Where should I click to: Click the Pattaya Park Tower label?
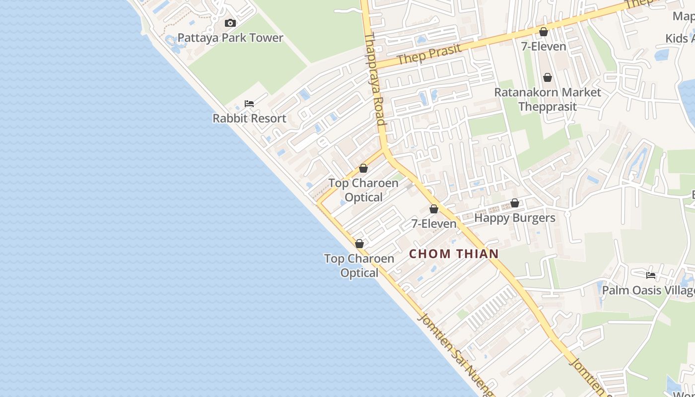coord(230,38)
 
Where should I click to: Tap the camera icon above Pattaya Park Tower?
coord(230,23)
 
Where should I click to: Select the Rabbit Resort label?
coord(249,119)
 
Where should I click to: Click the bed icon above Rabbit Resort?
coord(249,104)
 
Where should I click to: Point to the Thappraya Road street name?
coord(375,79)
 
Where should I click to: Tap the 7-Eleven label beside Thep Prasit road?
coord(544,47)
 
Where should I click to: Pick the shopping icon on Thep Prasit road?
coord(544,32)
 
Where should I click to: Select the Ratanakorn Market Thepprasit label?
coord(548,99)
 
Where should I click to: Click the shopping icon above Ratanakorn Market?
coord(548,77)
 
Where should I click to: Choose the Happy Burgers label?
coord(515,218)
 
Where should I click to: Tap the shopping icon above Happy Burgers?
coord(515,203)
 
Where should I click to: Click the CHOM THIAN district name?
coord(454,254)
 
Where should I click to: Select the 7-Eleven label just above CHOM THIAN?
coord(434,224)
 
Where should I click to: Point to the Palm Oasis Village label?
coord(648,290)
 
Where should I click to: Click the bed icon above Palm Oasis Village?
coord(651,275)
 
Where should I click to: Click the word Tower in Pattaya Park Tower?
coord(267,38)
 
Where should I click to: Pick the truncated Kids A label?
coord(680,39)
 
